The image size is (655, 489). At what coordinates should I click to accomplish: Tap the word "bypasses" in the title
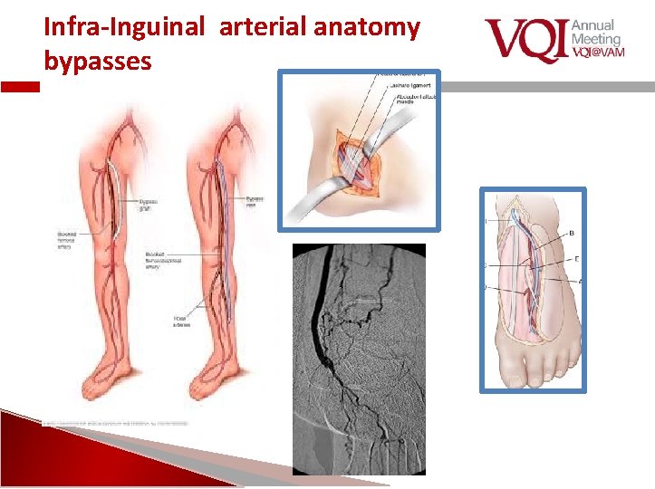pyautogui.click(x=98, y=62)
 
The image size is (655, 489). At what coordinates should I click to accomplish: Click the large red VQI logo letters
pyautogui.click(x=525, y=41)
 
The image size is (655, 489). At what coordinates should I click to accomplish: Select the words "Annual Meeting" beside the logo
pyautogui.click(x=596, y=33)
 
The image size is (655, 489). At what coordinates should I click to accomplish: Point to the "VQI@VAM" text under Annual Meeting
pyautogui.click(x=598, y=52)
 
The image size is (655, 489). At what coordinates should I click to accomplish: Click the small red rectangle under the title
pyautogui.click(x=20, y=88)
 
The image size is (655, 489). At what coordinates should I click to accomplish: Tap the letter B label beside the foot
pyautogui.click(x=571, y=234)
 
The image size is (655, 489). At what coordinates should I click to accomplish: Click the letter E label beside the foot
pyautogui.click(x=577, y=258)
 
